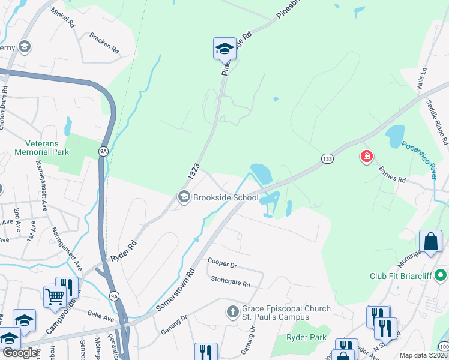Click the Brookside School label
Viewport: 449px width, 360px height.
point(225,197)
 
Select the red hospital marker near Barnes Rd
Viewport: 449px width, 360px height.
point(366,157)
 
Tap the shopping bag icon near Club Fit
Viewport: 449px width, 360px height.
point(430,242)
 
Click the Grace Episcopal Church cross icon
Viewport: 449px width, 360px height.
point(233,312)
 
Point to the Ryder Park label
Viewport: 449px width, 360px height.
point(306,338)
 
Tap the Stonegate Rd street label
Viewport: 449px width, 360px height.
point(230,279)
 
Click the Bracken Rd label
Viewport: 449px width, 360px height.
point(104,41)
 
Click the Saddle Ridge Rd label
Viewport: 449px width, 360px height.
point(437,122)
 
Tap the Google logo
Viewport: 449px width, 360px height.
point(19,353)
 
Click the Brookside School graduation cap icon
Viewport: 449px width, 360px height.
point(184,197)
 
